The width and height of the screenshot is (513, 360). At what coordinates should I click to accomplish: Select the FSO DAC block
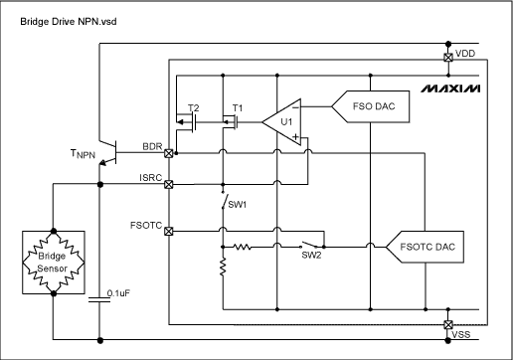tap(365, 104)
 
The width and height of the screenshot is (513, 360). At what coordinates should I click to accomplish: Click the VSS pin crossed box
tap(446, 324)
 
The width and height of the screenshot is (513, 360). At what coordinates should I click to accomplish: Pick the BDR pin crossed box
tap(169, 154)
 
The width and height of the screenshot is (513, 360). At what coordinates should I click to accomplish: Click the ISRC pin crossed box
tap(169, 185)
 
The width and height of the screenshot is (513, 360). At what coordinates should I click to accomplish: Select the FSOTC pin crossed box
tap(169, 232)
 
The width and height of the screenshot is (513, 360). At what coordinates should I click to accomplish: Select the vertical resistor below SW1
tap(223, 266)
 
